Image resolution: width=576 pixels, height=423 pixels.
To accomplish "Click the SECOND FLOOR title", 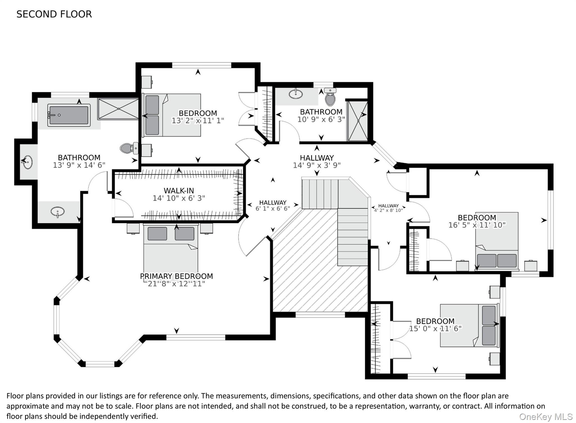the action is point(54,14).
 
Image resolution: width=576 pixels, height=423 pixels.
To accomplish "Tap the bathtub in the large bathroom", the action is point(69,115).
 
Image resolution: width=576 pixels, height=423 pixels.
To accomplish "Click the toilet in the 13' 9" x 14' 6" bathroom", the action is point(129,148).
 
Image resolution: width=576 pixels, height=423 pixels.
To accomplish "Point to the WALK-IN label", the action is point(179,191).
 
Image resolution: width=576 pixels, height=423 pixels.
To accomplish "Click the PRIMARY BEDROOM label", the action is point(176,276).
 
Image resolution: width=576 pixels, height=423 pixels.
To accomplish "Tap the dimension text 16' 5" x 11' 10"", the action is point(477,225).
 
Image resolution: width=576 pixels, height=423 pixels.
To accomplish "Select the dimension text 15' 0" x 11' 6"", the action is point(435,328).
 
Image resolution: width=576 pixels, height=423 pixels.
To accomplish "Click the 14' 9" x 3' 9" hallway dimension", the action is point(317,165).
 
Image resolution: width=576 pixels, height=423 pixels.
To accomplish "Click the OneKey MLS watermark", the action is point(546,417).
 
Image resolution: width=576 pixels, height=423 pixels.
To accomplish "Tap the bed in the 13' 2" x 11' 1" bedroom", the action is point(172,115).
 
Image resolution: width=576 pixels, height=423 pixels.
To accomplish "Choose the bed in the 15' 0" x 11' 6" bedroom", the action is point(469,325).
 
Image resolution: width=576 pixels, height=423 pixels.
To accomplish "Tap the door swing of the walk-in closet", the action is point(124,208).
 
